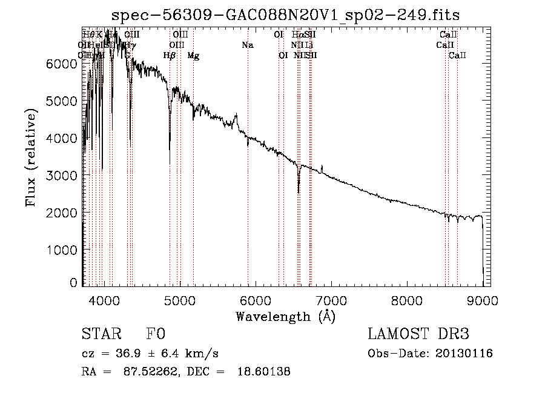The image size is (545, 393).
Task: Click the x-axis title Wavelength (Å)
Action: click(x=285, y=316)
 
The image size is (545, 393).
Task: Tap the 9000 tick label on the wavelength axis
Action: click(x=483, y=300)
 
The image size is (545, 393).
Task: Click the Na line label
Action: click(x=247, y=45)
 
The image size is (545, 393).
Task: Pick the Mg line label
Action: click(x=193, y=56)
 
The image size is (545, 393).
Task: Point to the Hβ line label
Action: click(x=170, y=56)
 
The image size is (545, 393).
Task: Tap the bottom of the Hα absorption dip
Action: click(x=299, y=193)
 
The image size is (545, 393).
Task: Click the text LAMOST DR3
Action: click(x=418, y=335)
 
